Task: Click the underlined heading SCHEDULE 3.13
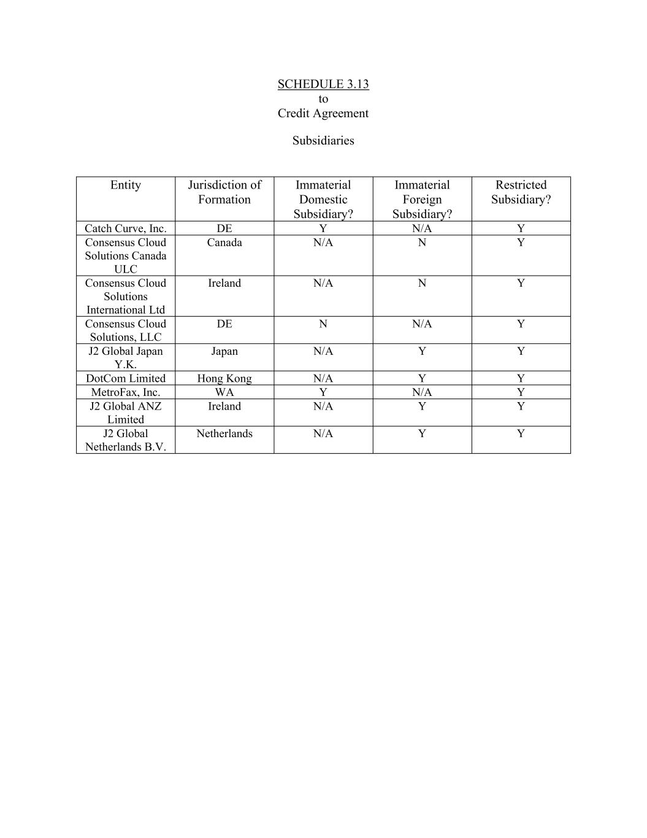pyautogui.click(x=323, y=84)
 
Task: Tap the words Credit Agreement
pyautogui.click(x=323, y=113)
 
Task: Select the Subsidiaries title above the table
pyautogui.click(x=323, y=141)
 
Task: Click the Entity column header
pyautogui.click(x=126, y=185)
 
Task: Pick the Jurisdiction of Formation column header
pyautogui.click(x=224, y=192)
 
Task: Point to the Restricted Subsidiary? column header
pyautogui.click(x=521, y=192)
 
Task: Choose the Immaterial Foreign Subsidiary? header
pyautogui.click(x=422, y=199)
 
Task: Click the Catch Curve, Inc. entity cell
pyautogui.click(x=126, y=228)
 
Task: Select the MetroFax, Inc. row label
pyautogui.click(x=126, y=392)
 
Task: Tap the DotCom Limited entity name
pyautogui.click(x=126, y=378)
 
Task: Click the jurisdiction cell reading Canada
pyautogui.click(x=224, y=242)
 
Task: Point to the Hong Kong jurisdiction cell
pyautogui.click(x=224, y=378)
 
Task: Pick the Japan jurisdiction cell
pyautogui.click(x=224, y=351)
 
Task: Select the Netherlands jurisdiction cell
pyautogui.click(x=224, y=433)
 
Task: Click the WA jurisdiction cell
pyautogui.click(x=224, y=392)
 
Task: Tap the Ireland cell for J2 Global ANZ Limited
pyautogui.click(x=224, y=406)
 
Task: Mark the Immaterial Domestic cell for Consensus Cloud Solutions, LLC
pyautogui.click(x=323, y=324)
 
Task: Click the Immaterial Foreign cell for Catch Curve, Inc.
pyautogui.click(x=422, y=228)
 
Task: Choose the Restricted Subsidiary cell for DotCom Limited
pyautogui.click(x=521, y=378)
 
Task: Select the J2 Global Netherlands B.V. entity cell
pyautogui.click(x=126, y=440)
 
